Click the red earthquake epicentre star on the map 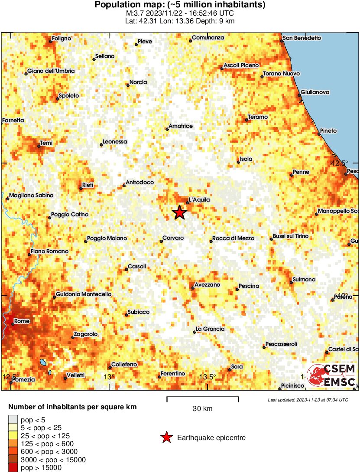[x=179, y=212]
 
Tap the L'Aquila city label [x=199, y=200]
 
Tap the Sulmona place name [x=304, y=280]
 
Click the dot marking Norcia [x=128, y=85]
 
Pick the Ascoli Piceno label [x=241, y=65]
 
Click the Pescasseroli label [x=281, y=344]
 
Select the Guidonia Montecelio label [x=84, y=294]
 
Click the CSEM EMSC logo [x=332, y=376]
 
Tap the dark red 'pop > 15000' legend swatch [x=13, y=467]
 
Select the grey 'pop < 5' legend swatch [x=13, y=419]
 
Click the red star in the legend [x=166, y=438]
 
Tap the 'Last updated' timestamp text [x=308, y=400]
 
